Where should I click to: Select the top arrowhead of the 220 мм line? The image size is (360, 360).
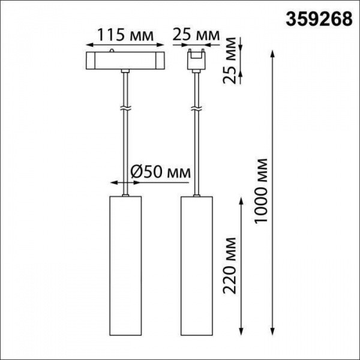click(241, 199)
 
